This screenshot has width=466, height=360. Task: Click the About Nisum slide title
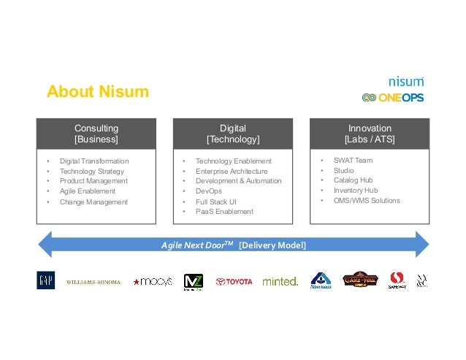pos(97,92)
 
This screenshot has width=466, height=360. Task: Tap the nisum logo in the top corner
pos(405,82)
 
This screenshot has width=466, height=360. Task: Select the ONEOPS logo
pos(392,97)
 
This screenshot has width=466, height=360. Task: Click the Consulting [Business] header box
pos(96,133)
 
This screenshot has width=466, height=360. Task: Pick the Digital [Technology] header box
pos(233,133)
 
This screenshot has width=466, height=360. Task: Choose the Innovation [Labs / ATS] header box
pos(370,133)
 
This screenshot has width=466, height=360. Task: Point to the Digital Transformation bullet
pos(93,161)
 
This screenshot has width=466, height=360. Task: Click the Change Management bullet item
pos(93,202)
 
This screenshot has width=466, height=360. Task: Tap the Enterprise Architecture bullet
pos(232,171)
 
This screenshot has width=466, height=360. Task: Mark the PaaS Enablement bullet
pos(224,212)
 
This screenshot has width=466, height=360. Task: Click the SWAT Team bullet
pos(354,160)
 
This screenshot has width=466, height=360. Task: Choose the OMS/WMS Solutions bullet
pos(367,200)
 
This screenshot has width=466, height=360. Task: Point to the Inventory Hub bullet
pos(356,190)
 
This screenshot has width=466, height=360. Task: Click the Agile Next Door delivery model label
pos(234,245)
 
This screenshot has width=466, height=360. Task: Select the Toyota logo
pos(234,281)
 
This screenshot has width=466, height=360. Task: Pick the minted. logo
pos(280,281)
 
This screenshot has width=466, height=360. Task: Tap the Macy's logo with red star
pos(153,281)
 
